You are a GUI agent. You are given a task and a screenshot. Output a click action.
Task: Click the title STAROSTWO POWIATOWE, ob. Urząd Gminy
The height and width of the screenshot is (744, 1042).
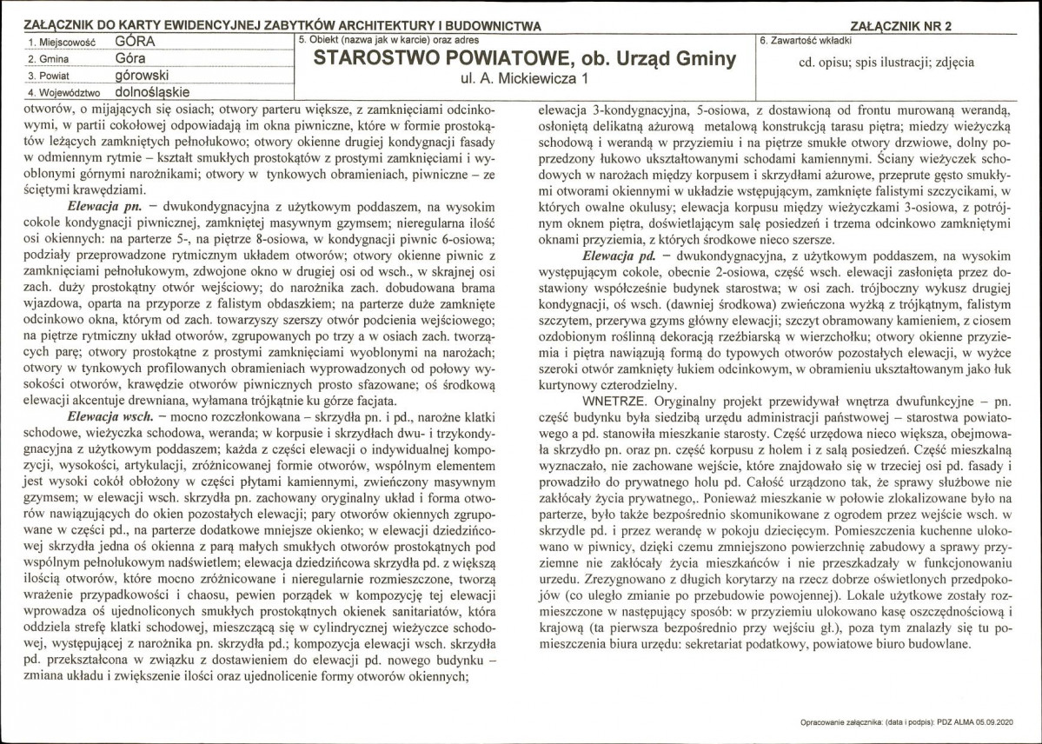[x=524, y=60]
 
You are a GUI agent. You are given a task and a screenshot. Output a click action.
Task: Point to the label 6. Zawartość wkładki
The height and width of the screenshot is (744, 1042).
[x=806, y=41]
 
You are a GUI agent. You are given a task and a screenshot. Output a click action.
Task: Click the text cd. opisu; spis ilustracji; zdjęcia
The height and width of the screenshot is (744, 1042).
[x=886, y=63]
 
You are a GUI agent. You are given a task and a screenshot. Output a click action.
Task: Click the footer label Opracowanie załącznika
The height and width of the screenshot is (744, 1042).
[x=840, y=723]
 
